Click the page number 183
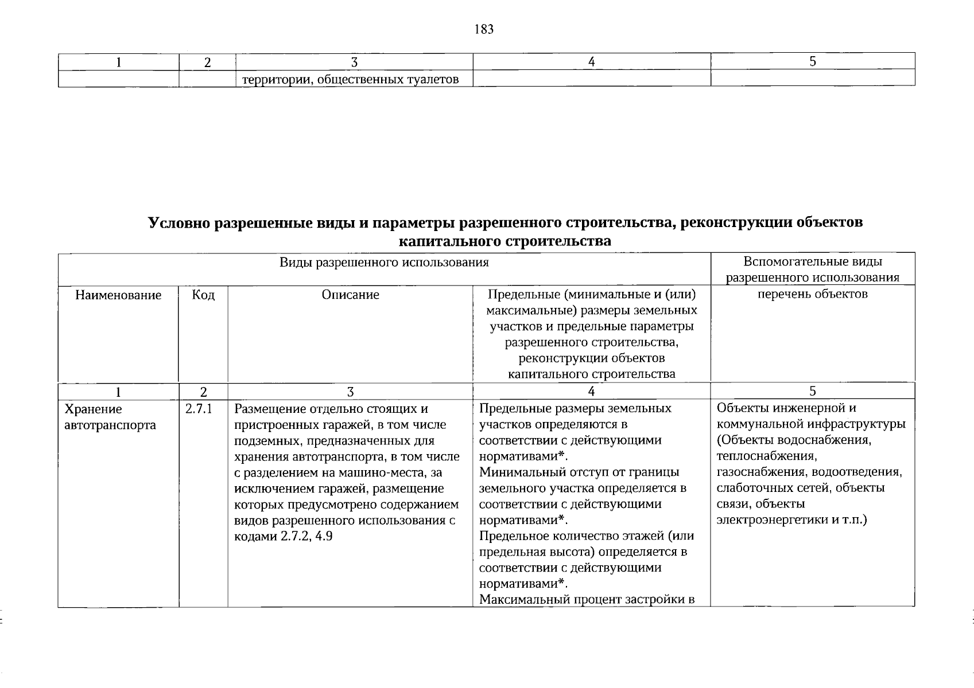point(484,30)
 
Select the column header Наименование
point(118,295)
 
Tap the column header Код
point(203,295)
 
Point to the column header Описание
point(350,295)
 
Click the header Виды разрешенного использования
point(384,263)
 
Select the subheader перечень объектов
point(812,295)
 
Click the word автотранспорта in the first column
point(110,425)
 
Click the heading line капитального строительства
point(505,241)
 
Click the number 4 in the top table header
point(591,62)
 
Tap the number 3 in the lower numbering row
point(350,392)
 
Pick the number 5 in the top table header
point(813,61)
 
